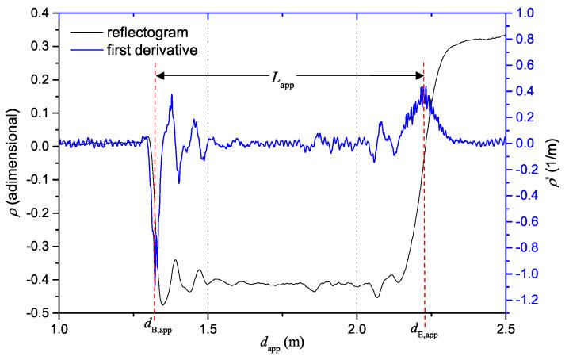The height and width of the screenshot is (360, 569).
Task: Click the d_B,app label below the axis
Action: tap(158, 326)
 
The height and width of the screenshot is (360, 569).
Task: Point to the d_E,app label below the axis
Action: tap(424, 326)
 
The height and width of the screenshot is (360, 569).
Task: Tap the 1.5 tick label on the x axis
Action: tap(208, 327)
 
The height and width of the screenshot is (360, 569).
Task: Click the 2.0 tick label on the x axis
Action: tap(357, 327)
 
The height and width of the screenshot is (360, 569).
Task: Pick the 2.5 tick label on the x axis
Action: tap(506, 327)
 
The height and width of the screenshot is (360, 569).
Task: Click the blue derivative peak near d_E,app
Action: tap(424, 87)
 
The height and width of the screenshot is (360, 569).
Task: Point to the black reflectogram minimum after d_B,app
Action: tap(163, 304)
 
